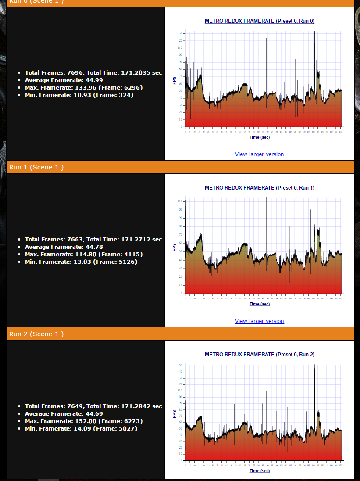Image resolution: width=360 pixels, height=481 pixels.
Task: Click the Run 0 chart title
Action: (x=259, y=21)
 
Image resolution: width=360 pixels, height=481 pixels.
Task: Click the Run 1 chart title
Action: (x=259, y=188)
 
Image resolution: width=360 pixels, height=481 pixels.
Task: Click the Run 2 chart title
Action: (x=259, y=355)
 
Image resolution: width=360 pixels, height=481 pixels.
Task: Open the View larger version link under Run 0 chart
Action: (x=259, y=154)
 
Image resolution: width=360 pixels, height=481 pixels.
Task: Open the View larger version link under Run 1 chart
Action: (x=259, y=321)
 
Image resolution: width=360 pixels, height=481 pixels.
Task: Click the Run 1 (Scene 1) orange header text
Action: (x=36, y=167)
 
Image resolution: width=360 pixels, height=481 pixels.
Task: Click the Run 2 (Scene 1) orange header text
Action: (x=36, y=334)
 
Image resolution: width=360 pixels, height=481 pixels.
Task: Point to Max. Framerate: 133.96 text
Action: (x=83, y=87)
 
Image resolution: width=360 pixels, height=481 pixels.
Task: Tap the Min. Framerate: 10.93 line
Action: (x=79, y=95)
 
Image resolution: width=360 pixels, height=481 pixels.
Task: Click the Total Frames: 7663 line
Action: (x=93, y=239)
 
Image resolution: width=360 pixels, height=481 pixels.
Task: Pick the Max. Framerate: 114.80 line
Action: (x=83, y=254)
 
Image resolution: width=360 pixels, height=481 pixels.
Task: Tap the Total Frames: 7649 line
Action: (x=93, y=406)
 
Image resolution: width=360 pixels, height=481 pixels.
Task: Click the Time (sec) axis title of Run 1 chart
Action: (x=260, y=304)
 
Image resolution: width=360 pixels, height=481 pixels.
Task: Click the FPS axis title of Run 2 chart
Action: (x=175, y=413)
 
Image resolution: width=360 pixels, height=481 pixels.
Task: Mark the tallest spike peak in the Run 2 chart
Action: (x=314, y=365)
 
